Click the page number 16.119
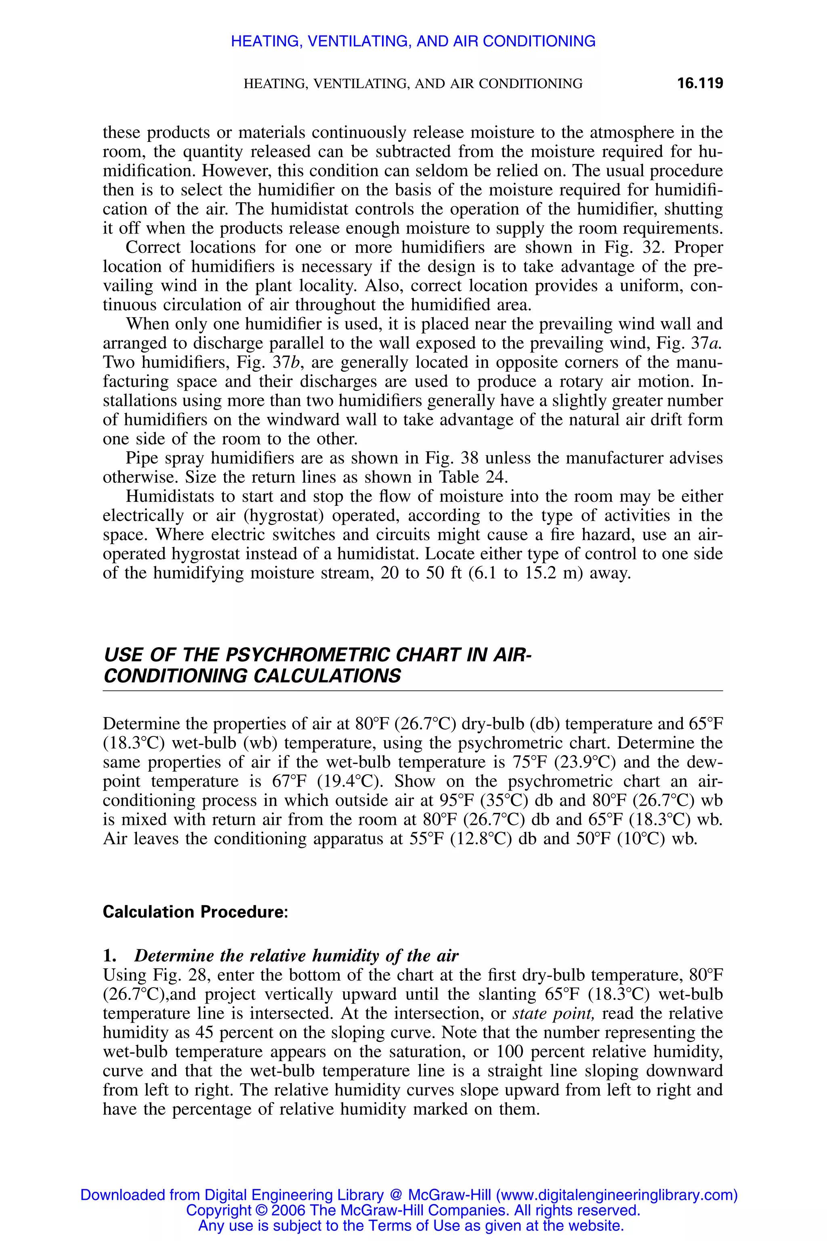click(699, 83)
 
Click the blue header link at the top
click(413, 41)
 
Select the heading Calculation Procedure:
click(195, 912)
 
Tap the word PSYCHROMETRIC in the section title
click(308, 655)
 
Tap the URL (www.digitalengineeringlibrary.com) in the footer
click(617, 1195)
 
